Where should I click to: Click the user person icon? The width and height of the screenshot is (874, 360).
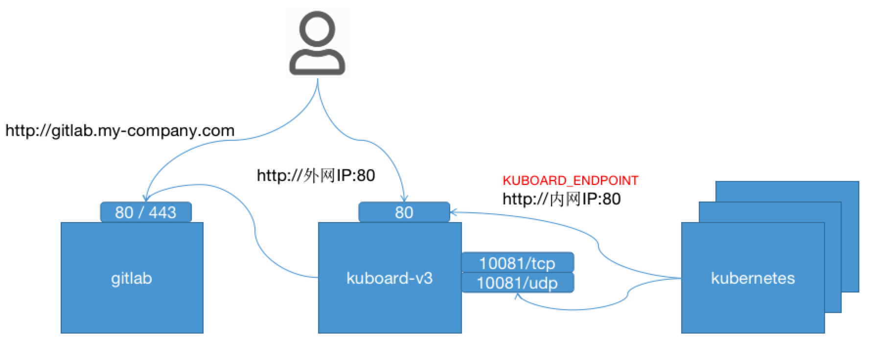pos(317,43)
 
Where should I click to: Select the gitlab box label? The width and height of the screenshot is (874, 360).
pos(131,278)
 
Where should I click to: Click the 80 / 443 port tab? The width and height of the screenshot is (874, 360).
pos(145,212)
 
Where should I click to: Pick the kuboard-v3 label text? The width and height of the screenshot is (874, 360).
pos(390,278)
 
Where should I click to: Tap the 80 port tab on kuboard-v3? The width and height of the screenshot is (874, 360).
pos(404,212)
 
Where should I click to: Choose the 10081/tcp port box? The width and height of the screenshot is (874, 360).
pos(517,263)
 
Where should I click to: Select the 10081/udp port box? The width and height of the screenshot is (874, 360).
pos(517,283)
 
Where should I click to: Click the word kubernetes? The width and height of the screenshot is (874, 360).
pos(753,278)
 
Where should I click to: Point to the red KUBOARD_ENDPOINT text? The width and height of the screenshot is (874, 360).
pos(570,181)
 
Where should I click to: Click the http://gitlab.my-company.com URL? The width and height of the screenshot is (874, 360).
pos(120,131)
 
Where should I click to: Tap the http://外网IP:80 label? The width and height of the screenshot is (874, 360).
pos(316,176)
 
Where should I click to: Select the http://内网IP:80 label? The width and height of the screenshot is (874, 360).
pos(561,199)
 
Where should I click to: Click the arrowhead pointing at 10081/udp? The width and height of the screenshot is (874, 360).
pos(517,296)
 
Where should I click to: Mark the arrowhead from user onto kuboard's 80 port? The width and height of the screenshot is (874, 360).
pos(404,199)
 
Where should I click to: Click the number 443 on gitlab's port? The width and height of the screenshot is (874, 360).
pos(162,212)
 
